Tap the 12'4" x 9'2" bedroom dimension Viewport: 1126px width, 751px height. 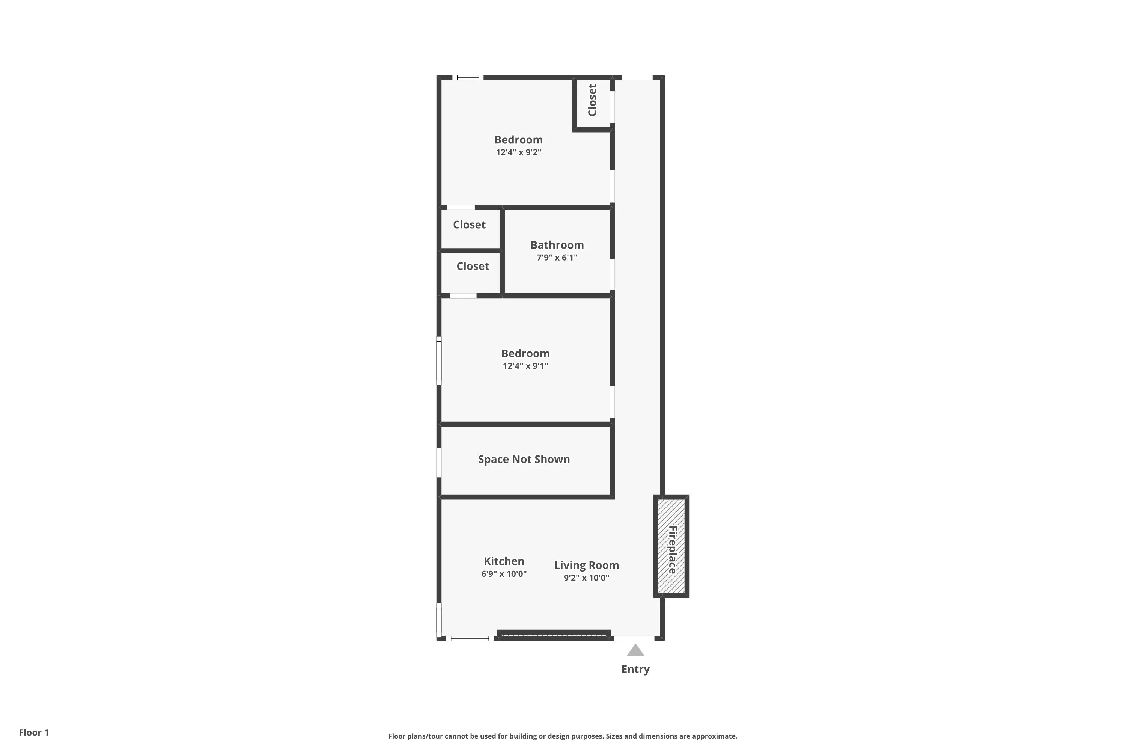pos(518,152)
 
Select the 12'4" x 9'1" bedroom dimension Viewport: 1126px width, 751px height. pos(525,366)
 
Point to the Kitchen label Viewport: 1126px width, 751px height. pos(504,561)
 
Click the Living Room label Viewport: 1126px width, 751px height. pos(586,565)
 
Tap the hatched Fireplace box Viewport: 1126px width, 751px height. pos(671,546)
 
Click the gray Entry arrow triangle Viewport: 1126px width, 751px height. pos(635,650)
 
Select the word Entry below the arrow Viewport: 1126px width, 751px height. pos(635,669)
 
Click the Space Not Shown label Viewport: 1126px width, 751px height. pos(524,459)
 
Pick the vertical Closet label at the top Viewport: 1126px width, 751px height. pos(592,100)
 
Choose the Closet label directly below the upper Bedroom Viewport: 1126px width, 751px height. pos(469,225)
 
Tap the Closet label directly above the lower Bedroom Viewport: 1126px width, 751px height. pos(473,266)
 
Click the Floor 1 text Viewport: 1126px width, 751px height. pos(33,732)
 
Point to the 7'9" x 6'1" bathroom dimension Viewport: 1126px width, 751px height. pos(557,258)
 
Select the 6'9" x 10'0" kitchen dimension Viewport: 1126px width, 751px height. pos(504,574)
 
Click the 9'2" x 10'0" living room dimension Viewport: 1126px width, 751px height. pos(586,578)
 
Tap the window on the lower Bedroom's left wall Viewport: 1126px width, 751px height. pos(438,360)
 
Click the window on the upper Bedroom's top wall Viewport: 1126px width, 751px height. pos(468,78)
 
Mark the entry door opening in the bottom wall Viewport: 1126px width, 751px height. pos(634,638)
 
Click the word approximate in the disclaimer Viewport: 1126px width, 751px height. pos(714,736)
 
